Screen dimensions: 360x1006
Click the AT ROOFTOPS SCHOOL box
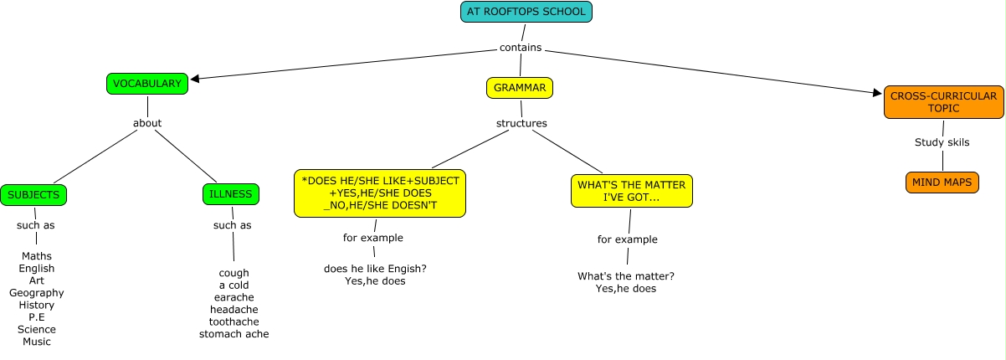click(x=526, y=12)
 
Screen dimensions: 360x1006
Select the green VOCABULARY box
click(x=147, y=84)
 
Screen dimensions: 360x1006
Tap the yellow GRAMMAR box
click(x=520, y=87)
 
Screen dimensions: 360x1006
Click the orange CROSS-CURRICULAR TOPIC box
click(x=943, y=102)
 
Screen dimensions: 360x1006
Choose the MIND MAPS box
click(x=942, y=183)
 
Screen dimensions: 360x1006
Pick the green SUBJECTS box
click(x=33, y=195)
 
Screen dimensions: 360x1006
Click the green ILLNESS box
click(x=231, y=194)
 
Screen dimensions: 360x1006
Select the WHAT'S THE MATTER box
click(x=633, y=191)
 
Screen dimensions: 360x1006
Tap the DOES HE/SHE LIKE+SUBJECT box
click(x=380, y=193)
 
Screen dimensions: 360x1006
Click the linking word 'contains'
click(x=520, y=48)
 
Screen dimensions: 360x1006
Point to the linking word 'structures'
click(x=521, y=124)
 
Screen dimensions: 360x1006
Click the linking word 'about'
click(x=147, y=124)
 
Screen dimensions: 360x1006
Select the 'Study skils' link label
click(x=942, y=142)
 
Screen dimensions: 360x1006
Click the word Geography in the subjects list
click(x=37, y=293)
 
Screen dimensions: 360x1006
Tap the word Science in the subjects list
click(x=37, y=330)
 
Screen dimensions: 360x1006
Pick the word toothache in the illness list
click(x=234, y=322)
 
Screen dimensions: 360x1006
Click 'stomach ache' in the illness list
click(x=234, y=335)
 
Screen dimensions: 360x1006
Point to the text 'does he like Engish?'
click(x=375, y=269)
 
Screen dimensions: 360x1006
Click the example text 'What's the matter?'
click(x=626, y=276)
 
